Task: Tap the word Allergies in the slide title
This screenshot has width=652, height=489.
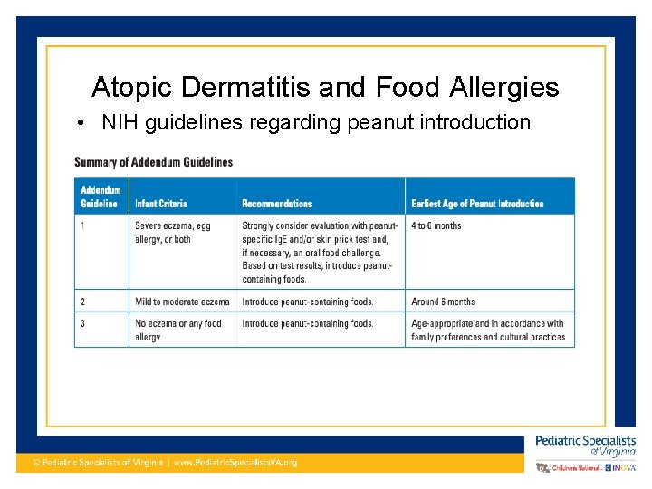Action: (513, 88)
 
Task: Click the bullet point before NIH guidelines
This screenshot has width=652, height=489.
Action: (81, 122)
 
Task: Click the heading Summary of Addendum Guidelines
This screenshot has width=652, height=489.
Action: (153, 162)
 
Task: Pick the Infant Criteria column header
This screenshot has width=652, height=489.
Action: (161, 204)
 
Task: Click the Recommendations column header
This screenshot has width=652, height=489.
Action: (276, 204)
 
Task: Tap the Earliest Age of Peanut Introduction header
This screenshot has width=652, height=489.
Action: (477, 204)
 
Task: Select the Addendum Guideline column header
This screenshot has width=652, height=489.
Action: (101, 197)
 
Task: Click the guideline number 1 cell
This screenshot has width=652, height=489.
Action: (83, 225)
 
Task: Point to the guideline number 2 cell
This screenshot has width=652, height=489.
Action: (83, 302)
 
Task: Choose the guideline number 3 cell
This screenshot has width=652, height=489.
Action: (83, 323)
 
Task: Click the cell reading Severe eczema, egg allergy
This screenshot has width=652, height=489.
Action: (172, 232)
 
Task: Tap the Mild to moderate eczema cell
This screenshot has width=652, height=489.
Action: (182, 302)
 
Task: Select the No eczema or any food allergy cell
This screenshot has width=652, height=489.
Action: (177, 330)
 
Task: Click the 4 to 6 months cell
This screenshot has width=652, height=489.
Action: (436, 225)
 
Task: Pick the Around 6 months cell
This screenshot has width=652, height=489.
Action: (443, 302)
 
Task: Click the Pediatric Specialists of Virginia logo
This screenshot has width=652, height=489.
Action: (585, 446)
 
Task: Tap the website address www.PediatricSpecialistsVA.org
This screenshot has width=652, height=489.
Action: (235, 463)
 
